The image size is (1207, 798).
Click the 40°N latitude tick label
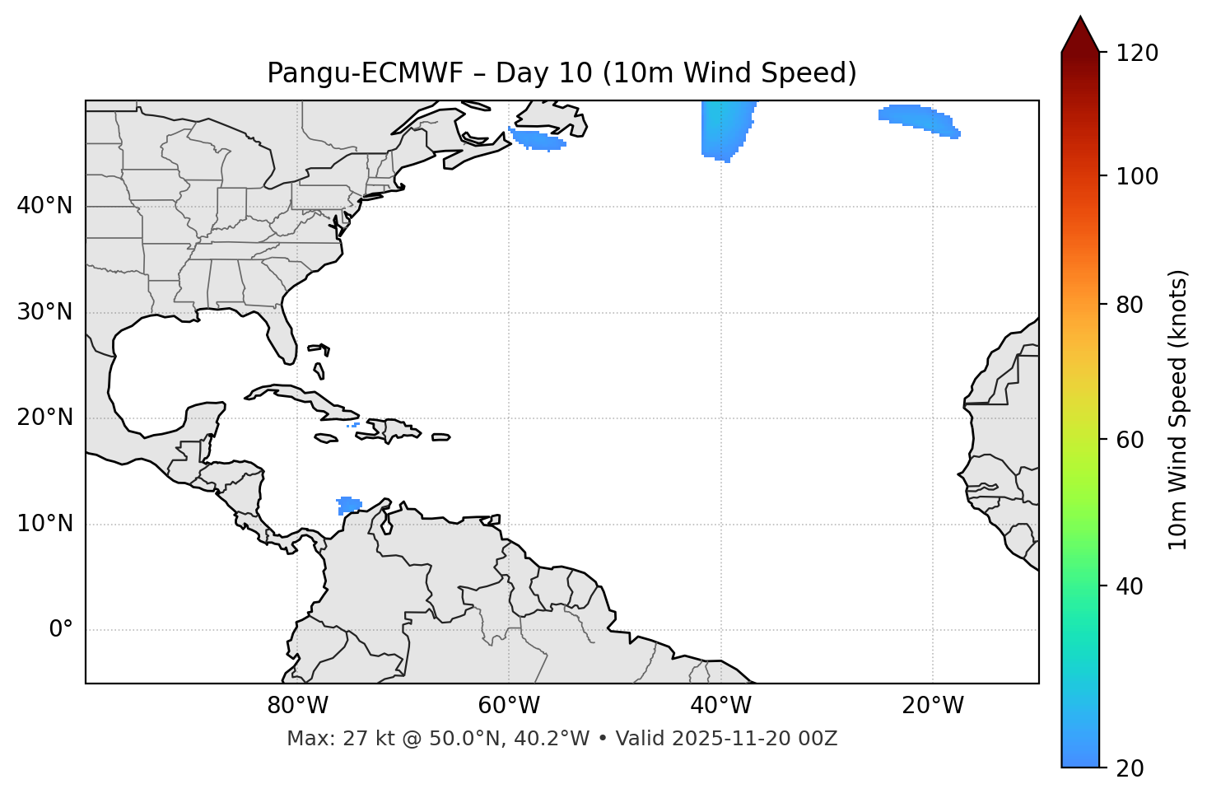coord(44,206)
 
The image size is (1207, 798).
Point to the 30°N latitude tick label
coord(44,312)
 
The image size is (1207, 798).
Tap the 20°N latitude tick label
coord(44,418)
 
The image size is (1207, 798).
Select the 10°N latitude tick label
coord(44,524)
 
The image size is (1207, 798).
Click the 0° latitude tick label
coord(61,630)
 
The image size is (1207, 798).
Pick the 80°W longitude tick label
coord(297,706)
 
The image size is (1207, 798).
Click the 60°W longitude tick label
coord(509,706)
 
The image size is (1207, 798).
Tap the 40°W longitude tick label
coord(721,706)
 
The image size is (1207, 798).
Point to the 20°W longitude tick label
coord(933,706)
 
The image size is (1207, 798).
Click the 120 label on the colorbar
coord(1137,54)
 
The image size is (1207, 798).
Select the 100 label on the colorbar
coord(1137,176)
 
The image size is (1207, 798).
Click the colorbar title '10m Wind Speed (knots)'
coord(1178,409)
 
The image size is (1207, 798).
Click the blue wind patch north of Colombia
coord(349,505)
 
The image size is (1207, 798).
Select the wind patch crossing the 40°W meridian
coord(725,128)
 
